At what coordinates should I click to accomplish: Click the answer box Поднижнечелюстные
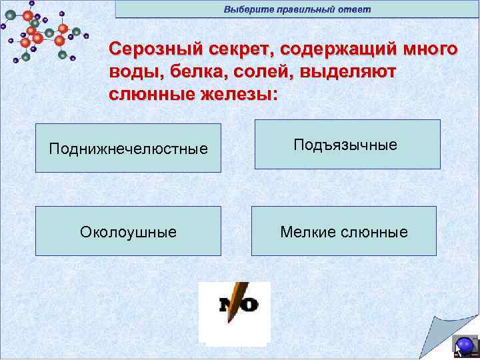[x=128, y=148]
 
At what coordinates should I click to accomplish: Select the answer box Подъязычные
[x=345, y=145]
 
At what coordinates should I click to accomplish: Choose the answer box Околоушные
[x=128, y=231]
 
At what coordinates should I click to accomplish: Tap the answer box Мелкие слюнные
[x=343, y=231]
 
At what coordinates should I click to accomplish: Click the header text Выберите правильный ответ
[x=297, y=9]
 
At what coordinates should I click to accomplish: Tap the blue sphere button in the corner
[x=464, y=345]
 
